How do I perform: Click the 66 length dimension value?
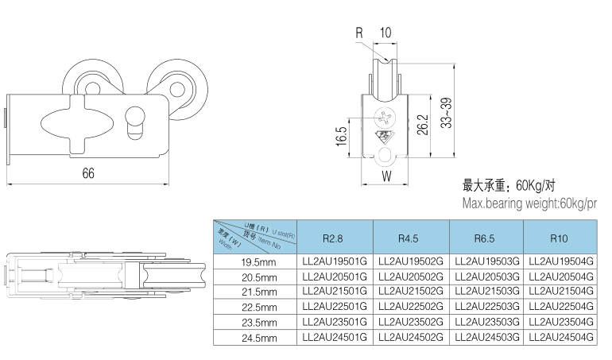coord(87,174)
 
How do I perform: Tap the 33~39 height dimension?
coord(447,114)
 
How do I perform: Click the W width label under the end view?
coord(385,176)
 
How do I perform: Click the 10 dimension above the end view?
coord(385,33)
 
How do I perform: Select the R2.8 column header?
coord(332,238)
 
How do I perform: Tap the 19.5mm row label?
coord(259,261)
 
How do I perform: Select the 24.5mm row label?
coord(259,338)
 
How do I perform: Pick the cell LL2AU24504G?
coord(560,337)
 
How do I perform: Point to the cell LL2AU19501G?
coord(335,261)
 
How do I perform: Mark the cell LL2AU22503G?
coord(485,306)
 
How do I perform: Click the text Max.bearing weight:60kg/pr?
coord(529,204)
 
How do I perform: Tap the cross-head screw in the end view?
coord(385,118)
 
